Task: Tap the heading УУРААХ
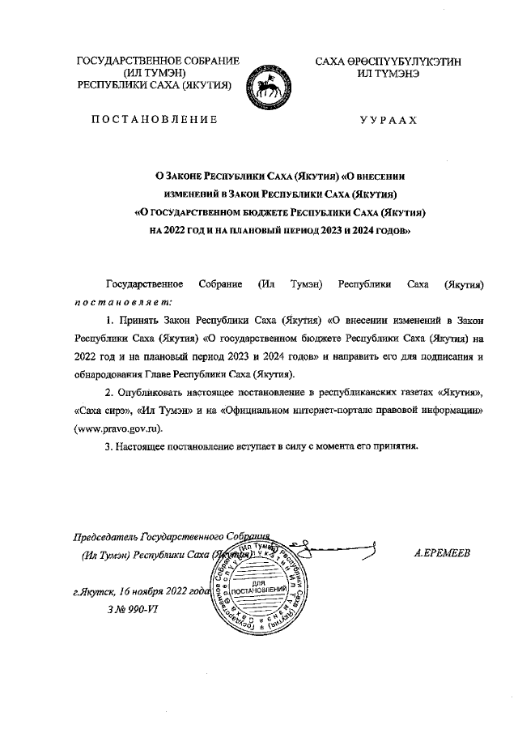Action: click(x=388, y=120)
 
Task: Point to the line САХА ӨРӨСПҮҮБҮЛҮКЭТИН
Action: click(x=388, y=62)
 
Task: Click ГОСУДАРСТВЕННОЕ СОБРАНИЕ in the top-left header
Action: click(x=157, y=62)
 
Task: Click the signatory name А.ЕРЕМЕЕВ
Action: click(x=441, y=553)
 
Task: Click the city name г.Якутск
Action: click(x=91, y=592)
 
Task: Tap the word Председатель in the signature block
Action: click(x=105, y=537)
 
